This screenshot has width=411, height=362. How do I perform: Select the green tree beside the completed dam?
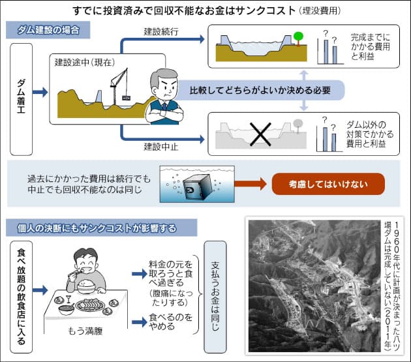[x=298, y=37]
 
